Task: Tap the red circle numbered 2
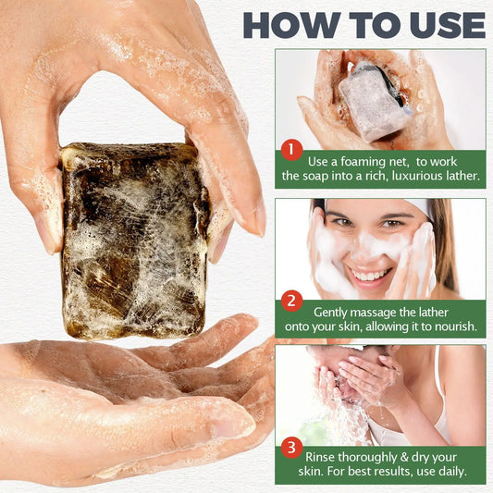[292, 300]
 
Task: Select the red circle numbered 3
[292, 448]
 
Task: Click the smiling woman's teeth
[372, 275]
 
